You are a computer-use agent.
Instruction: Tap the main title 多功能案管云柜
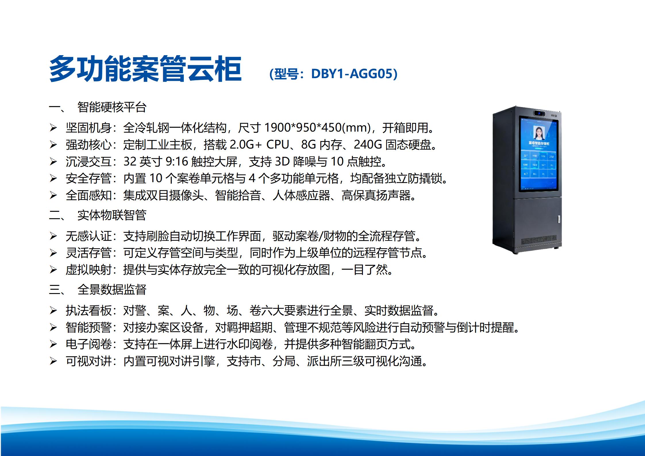coord(145,69)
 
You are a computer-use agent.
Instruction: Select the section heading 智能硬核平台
coord(112,107)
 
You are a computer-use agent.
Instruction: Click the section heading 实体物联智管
coord(112,215)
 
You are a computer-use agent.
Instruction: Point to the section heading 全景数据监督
coord(112,289)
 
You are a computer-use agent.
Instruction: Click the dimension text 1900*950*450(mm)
coord(317,128)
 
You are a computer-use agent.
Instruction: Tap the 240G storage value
coord(367,145)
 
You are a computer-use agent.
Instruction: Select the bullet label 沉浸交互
coord(88,162)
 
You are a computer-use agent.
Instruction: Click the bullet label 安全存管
coord(88,178)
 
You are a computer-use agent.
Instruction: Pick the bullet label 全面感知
coord(88,195)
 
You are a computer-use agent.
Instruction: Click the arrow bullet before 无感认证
coord(53,236)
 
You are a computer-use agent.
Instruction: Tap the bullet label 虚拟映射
coord(88,270)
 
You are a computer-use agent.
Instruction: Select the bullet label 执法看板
coord(88,310)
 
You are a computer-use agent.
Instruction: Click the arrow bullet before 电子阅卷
coord(53,344)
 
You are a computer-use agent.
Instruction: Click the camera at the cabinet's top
coord(539,113)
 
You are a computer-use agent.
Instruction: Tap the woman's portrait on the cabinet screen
coord(539,133)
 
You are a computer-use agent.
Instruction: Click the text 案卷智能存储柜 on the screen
coord(539,143)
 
